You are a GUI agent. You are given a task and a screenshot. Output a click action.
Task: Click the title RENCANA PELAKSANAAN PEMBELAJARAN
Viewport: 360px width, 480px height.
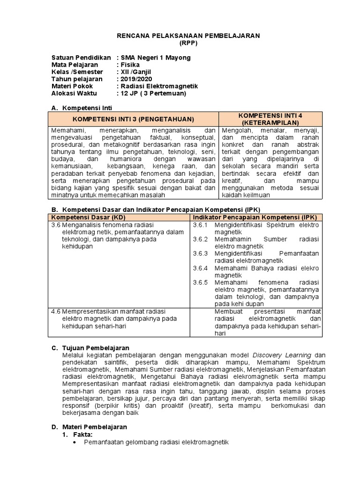(x=188, y=36)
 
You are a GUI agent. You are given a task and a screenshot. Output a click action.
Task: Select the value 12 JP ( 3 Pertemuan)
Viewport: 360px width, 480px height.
(x=153, y=93)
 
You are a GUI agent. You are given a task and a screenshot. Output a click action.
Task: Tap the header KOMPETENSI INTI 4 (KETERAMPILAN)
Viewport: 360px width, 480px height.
(x=270, y=119)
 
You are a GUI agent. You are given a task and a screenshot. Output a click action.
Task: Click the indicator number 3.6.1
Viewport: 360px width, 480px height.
(x=200, y=225)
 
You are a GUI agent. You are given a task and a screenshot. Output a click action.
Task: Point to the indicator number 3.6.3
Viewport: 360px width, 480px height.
(x=200, y=254)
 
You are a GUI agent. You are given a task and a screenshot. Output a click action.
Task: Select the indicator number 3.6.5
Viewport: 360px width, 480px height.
(x=200, y=282)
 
